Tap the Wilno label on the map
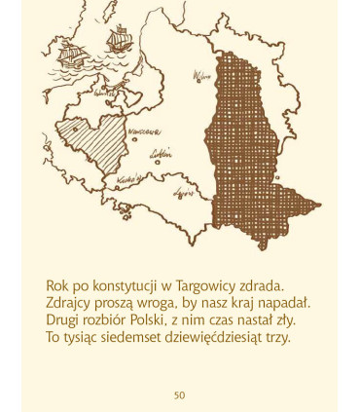pos(202,75)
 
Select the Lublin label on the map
pos(162,152)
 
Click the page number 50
pos(180,394)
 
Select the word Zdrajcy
pos(69,303)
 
